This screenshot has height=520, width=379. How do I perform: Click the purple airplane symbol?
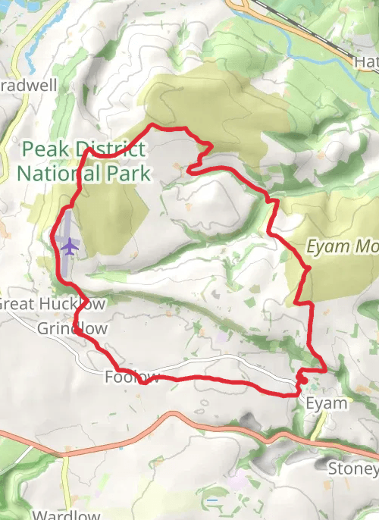click(69, 246)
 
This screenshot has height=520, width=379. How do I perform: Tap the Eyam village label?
click(326, 403)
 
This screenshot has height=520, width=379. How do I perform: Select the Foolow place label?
click(132, 377)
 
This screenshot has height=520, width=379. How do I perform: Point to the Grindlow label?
click(72, 328)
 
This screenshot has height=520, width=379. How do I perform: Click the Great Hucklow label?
click(52, 304)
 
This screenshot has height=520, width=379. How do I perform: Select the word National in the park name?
click(52, 174)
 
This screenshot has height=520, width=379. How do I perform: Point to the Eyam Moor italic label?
click(342, 246)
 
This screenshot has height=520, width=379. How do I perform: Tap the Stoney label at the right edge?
click(352, 468)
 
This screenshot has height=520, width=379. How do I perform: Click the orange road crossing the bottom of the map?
click(174, 416)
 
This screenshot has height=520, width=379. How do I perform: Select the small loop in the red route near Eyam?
click(302, 377)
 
